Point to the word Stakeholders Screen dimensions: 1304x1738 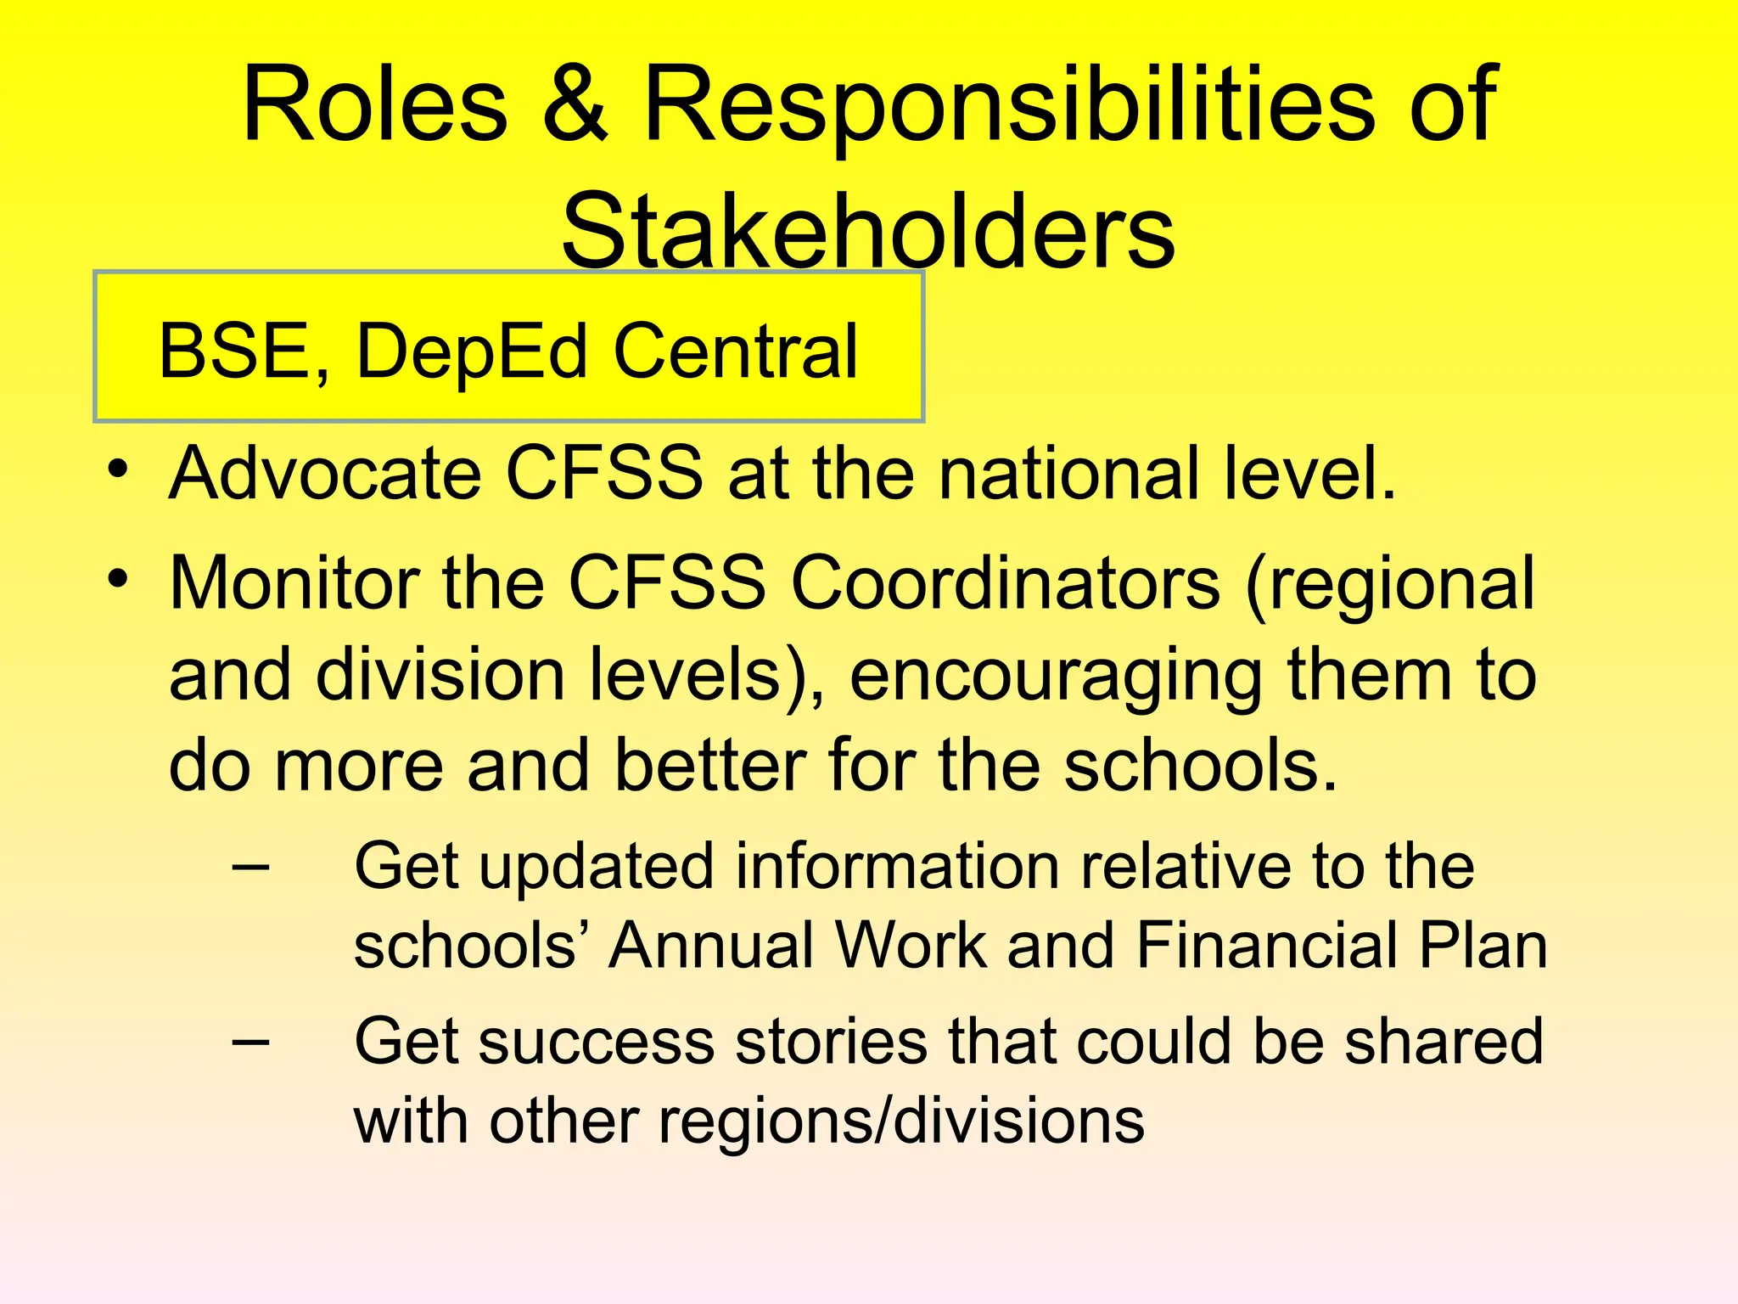pyautogui.click(x=868, y=231)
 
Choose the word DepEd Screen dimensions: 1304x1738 pyautogui.click(x=472, y=352)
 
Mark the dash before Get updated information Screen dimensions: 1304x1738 pyautogui.click(x=250, y=868)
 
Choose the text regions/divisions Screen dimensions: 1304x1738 pyautogui.click(x=901, y=1122)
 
